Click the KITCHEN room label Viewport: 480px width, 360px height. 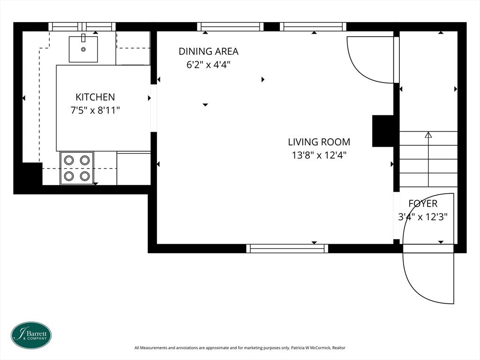[95, 97]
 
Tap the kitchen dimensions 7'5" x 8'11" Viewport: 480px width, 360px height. [95, 110]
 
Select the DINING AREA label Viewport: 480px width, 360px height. [209, 52]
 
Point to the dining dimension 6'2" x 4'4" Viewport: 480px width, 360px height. [209, 65]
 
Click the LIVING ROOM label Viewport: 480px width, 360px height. [319, 142]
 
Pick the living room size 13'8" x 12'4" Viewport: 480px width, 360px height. [319, 155]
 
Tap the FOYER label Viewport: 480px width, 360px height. [423, 203]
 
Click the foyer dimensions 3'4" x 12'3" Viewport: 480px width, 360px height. [423, 217]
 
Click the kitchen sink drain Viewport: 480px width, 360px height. [83, 49]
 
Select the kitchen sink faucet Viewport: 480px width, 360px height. [83, 37]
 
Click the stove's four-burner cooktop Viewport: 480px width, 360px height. [77, 168]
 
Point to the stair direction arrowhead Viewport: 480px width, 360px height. [428, 135]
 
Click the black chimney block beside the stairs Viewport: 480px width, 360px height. [382, 131]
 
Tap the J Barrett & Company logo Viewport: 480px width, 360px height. [31, 335]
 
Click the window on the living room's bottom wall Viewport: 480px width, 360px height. [287, 248]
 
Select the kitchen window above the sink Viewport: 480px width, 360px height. [82, 27]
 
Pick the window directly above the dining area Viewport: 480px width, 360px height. [230, 27]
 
